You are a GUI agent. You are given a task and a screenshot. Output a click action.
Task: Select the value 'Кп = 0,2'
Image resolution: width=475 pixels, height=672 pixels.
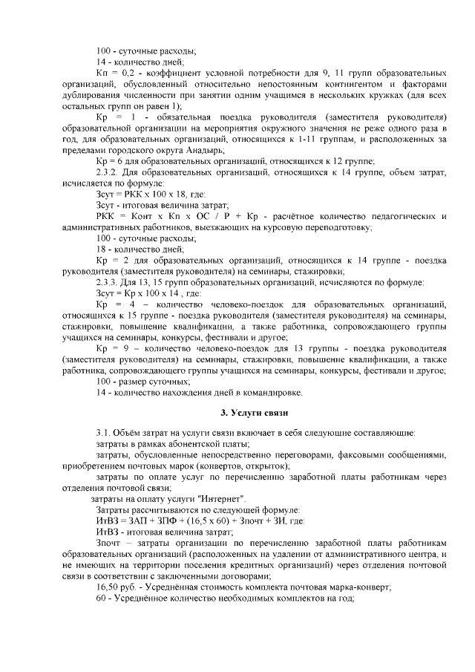(x=114, y=74)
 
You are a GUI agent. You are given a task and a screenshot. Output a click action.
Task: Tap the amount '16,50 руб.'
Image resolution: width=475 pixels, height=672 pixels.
(x=119, y=586)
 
